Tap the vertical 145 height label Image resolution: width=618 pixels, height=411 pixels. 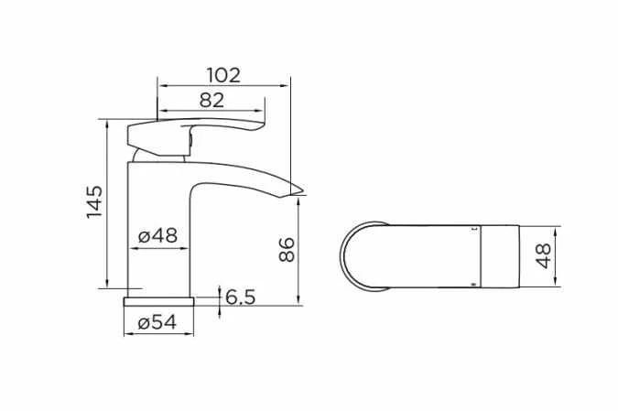(94, 202)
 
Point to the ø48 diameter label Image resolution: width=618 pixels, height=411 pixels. (157, 235)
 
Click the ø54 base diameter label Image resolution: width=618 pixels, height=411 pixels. (157, 322)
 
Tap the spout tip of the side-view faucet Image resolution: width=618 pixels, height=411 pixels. (298, 189)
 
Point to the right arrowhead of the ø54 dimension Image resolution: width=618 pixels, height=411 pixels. (191, 334)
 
